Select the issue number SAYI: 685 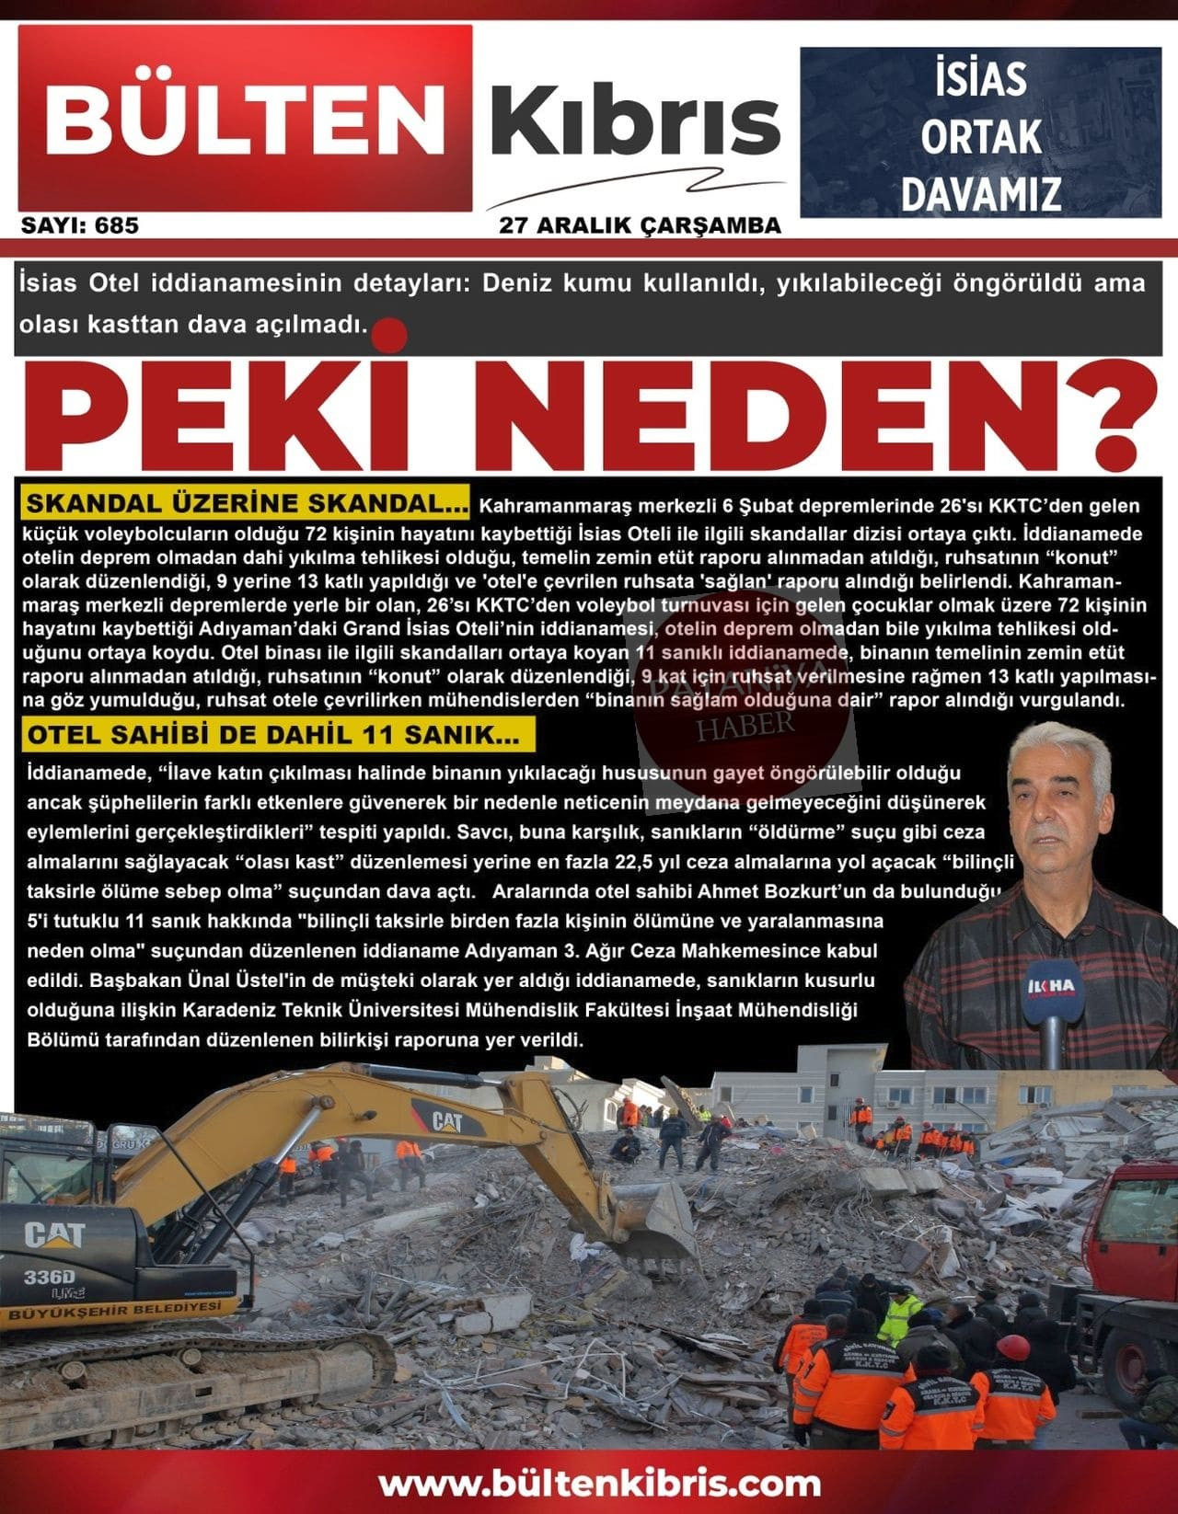point(80,225)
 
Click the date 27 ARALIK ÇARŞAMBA point(640,224)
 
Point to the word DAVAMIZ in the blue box point(980,194)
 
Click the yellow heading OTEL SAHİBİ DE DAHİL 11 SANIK point(273,735)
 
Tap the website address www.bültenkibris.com point(599,1482)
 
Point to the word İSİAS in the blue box point(981,78)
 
